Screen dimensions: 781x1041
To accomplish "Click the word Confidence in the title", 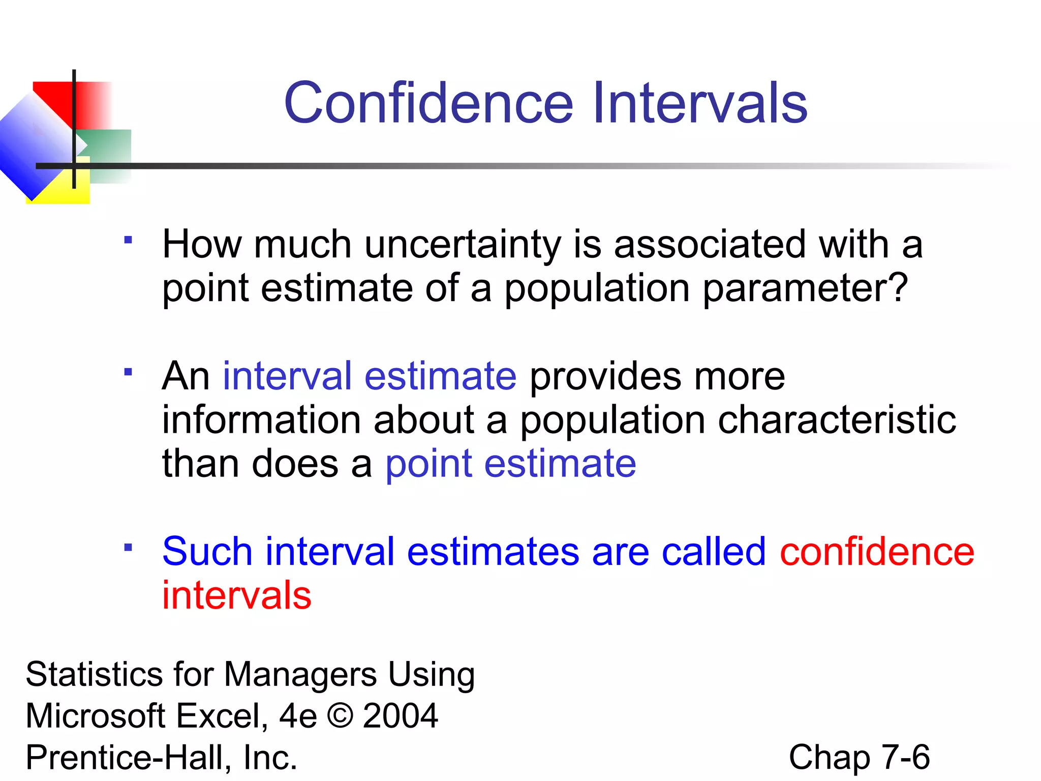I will [428, 103].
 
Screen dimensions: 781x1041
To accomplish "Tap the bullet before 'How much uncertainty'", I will [128, 239].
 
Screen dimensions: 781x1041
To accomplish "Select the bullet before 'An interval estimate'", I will [128, 372].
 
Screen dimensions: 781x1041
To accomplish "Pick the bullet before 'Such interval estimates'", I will [128, 547].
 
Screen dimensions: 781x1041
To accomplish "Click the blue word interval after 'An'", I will [287, 376].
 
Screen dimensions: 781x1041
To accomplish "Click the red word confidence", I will [877, 552].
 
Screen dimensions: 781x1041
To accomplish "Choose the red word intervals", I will [236, 595].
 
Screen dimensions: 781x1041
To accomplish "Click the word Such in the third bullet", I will [207, 552].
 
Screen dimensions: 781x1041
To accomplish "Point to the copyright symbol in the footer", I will [340, 716].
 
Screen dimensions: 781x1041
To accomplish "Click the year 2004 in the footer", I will [400, 716].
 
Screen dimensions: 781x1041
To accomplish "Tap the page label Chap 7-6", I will [859, 757].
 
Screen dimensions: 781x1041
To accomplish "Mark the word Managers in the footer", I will [300, 675].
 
